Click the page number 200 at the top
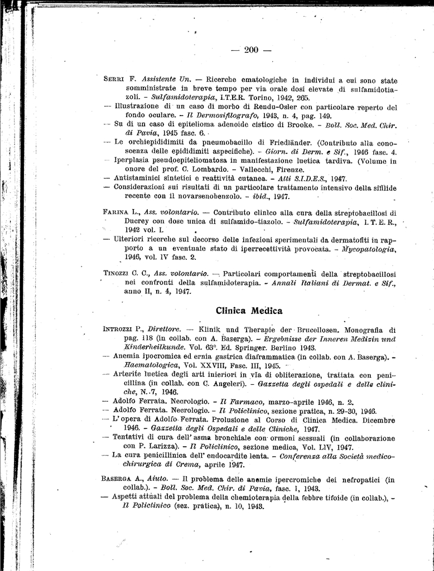[x=251, y=50]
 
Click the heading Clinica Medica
[x=249, y=311]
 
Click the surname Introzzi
[x=117, y=330]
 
